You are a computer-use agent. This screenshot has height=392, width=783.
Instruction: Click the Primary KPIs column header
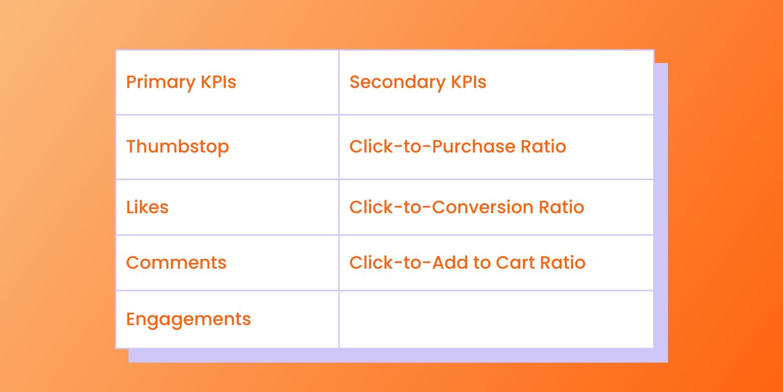[x=227, y=82]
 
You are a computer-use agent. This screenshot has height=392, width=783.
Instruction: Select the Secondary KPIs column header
[x=497, y=82]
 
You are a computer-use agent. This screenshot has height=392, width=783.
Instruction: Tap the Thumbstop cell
[x=227, y=147]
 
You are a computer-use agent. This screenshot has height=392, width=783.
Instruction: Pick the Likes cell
[x=227, y=207]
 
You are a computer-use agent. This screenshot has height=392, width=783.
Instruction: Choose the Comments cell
[x=227, y=263]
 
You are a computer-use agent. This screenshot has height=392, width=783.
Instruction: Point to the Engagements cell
[x=227, y=319]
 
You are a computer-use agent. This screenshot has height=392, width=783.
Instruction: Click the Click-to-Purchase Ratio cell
[x=497, y=147]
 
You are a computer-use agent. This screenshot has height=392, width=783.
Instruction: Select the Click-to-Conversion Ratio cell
[x=497, y=207]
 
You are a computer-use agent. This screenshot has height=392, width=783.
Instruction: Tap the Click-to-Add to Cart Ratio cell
[x=497, y=263]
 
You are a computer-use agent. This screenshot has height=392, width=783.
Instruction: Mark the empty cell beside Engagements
[x=497, y=319]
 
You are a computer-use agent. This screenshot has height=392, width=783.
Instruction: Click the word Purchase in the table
[x=474, y=146]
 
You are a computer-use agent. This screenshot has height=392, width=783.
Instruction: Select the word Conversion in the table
[x=483, y=207]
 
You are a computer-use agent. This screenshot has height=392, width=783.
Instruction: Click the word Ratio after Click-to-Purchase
[x=543, y=146]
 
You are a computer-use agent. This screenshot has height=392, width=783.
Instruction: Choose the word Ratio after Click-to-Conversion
[x=561, y=207]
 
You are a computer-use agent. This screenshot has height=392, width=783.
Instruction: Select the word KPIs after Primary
[x=219, y=82]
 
